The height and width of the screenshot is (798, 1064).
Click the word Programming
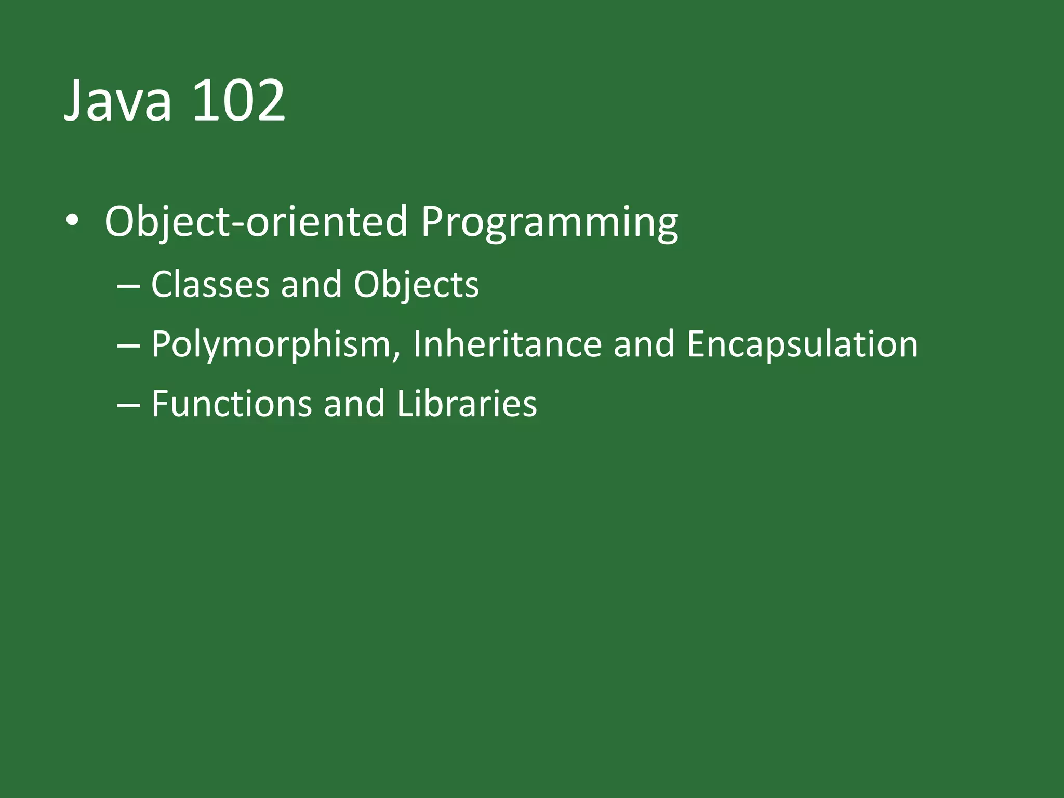click(x=549, y=223)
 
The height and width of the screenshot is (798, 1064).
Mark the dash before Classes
click(x=128, y=286)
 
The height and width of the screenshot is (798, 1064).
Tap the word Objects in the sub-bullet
click(x=416, y=286)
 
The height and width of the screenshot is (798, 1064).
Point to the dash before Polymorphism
click(x=128, y=345)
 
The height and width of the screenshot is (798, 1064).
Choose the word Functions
click(x=231, y=404)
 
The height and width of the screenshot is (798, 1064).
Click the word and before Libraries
click(x=354, y=404)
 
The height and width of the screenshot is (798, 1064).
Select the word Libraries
click(x=467, y=404)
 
